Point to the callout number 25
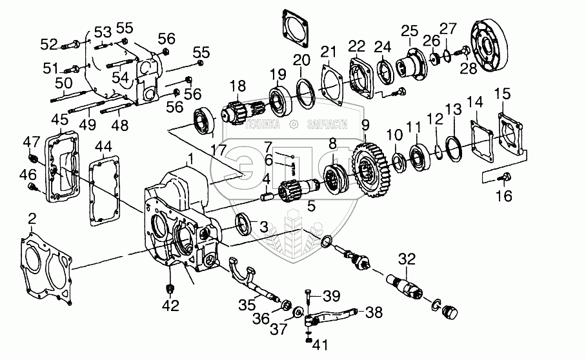(410, 31)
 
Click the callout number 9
(365, 125)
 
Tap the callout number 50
(63, 83)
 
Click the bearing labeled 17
(206, 122)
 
